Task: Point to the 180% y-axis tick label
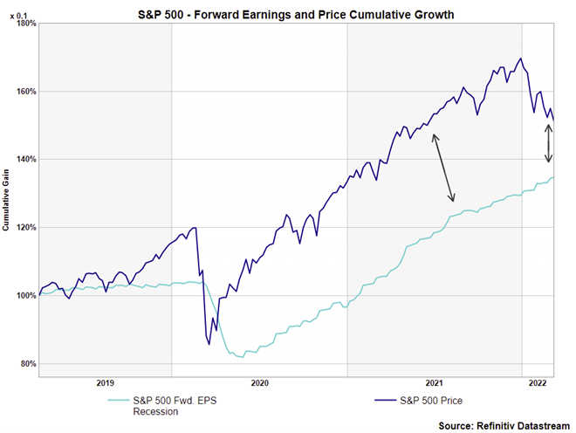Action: pyautogui.click(x=24, y=24)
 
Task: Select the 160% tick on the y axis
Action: pyautogui.click(x=24, y=92)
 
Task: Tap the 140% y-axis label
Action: pyautogui.click(x=24, y=160)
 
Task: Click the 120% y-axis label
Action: pyautogui.click(x=24, y=228)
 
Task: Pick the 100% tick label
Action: pyautogui.click(x=24, y=296)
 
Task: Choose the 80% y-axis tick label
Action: pyautogui.click(x=25, y=364)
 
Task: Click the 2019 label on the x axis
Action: pyautogui.click(x=105, y=383)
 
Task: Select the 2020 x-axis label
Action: pyautogui.click(x=259, y=383)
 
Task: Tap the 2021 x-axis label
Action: pyautogui.click(x=434, y=383)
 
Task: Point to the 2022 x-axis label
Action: pyautogui.click(x=538, y=383)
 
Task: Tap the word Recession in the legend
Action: pyautogui.click(x=142, y=411)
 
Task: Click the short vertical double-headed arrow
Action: pyautogui.click(x=549, y=143)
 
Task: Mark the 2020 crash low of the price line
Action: pyautogui.click(x=209, y=344)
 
